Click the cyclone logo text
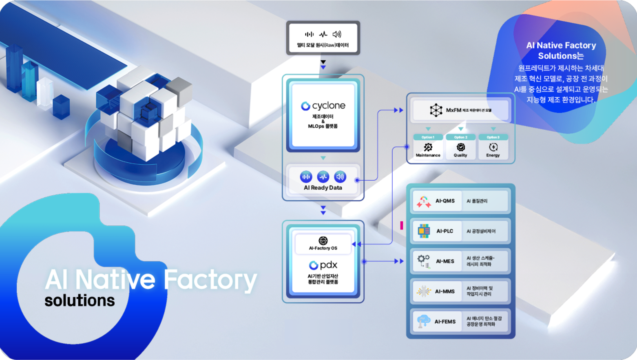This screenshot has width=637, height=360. click(329, 106)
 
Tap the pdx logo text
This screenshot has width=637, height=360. click(328, 265)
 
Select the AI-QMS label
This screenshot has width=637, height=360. click(445, 201)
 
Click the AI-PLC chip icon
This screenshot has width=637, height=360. click(424, 231)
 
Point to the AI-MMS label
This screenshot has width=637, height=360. click(445, 292)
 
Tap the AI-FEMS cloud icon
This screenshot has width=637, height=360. click(424, 321)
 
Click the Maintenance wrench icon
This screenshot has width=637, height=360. click(428, 147)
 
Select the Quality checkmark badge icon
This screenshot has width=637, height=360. click(460, 147)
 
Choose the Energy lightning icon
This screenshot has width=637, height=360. click(493, 147)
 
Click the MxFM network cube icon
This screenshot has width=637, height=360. click(436, 110)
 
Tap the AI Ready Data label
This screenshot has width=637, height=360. click(323, 188)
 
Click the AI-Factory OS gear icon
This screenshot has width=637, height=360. click(323, 241)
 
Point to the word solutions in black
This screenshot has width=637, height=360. click(80, 301)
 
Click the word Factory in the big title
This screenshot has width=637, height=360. click(210, 280)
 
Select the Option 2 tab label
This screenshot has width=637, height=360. click(460, 137)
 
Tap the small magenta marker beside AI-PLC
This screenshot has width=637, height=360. click(402, 225)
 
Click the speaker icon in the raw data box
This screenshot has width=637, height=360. click(337, 35)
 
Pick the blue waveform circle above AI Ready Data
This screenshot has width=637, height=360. click(323, 177)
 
